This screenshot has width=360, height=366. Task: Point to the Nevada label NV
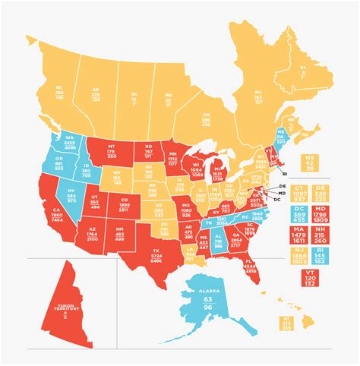tap(71, 189)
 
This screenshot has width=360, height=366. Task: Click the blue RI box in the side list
tap(332, 256)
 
